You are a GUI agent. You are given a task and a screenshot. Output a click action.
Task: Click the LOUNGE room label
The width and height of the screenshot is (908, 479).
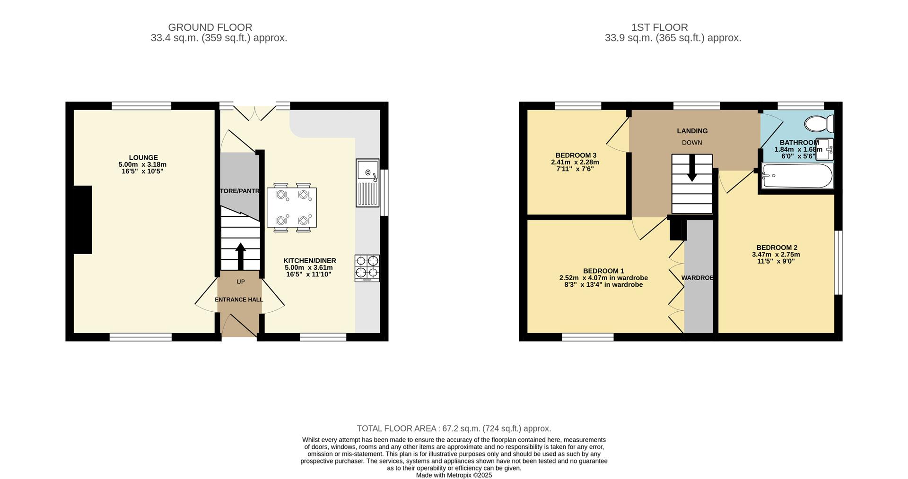[143, 157]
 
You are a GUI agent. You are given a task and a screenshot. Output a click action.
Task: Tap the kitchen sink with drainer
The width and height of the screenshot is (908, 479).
[367, 183]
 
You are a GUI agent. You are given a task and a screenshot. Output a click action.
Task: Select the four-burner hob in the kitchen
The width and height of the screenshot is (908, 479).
[367, 268]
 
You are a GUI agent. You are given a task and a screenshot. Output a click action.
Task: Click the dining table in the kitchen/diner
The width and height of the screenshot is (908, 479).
[292, 207]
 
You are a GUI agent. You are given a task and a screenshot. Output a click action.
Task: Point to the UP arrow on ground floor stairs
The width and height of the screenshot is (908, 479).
[240, 256]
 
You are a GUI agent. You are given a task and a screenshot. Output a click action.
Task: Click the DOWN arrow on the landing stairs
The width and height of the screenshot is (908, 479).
[692, 169]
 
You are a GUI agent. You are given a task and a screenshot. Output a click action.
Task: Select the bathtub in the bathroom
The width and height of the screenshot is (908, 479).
[797, 176]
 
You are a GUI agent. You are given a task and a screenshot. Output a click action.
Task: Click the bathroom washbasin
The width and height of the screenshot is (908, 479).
[825, 149]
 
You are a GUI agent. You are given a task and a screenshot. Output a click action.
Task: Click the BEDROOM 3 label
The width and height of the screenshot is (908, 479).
[576, 155]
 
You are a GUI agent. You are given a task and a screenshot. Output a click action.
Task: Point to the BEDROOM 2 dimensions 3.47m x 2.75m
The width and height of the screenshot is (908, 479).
[776, 254]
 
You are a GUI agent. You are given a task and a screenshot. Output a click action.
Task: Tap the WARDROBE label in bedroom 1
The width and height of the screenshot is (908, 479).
[697, 278]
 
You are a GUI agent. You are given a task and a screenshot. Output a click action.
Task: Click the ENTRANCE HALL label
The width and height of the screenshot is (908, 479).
[239, 299]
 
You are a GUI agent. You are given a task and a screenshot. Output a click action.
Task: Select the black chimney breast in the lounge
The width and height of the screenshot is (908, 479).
[82, 220]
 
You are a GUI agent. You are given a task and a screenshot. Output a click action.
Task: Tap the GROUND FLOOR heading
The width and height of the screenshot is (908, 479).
[210, 27]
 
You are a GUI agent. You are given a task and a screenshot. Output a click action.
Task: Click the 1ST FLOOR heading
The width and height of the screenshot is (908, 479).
[659, 27]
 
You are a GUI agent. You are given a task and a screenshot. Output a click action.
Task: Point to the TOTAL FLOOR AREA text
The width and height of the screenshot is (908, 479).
[454, 428]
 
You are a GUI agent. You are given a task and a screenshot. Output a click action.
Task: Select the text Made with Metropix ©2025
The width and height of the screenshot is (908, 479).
[454, 475]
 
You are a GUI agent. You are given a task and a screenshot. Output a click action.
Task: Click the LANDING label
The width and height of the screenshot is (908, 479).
[692, 131]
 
